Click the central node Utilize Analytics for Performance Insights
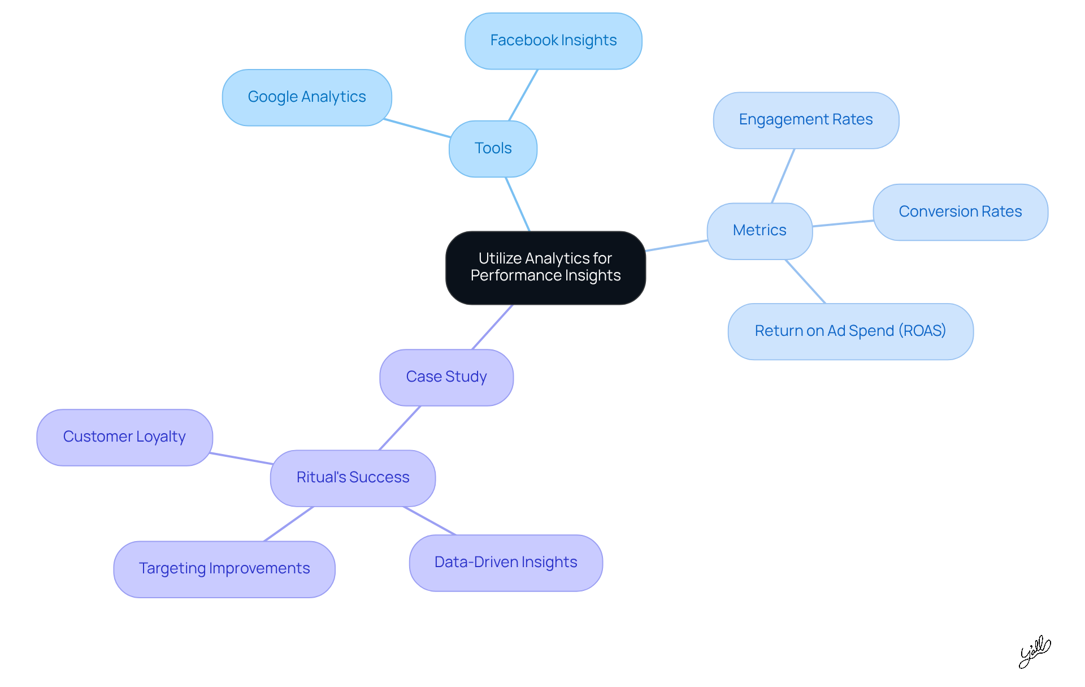(x=545, y=267)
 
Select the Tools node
(x=493, y=149)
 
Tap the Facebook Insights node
(x=553, y=41)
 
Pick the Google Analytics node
(x=307, y=97)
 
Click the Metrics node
(x=759, y=231)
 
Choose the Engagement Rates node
(x=806, y=120)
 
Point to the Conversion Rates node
(x=960, y=212)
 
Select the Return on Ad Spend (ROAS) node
(x=850, y=331)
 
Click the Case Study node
(x=446, y=377)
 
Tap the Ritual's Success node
(x=353, y=478)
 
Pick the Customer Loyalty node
(x=124, y=437)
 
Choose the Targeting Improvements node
(x=224, y=569)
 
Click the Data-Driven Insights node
(x=506, y=563)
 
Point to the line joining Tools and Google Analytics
(x=417, y=128)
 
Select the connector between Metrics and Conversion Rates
(x=843, y=223)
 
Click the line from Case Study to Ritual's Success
(x=400, y=428)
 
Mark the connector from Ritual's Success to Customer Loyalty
(x=241, y=459)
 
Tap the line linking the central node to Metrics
(x=676, y=245)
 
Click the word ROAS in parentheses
(x=924, y=331)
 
